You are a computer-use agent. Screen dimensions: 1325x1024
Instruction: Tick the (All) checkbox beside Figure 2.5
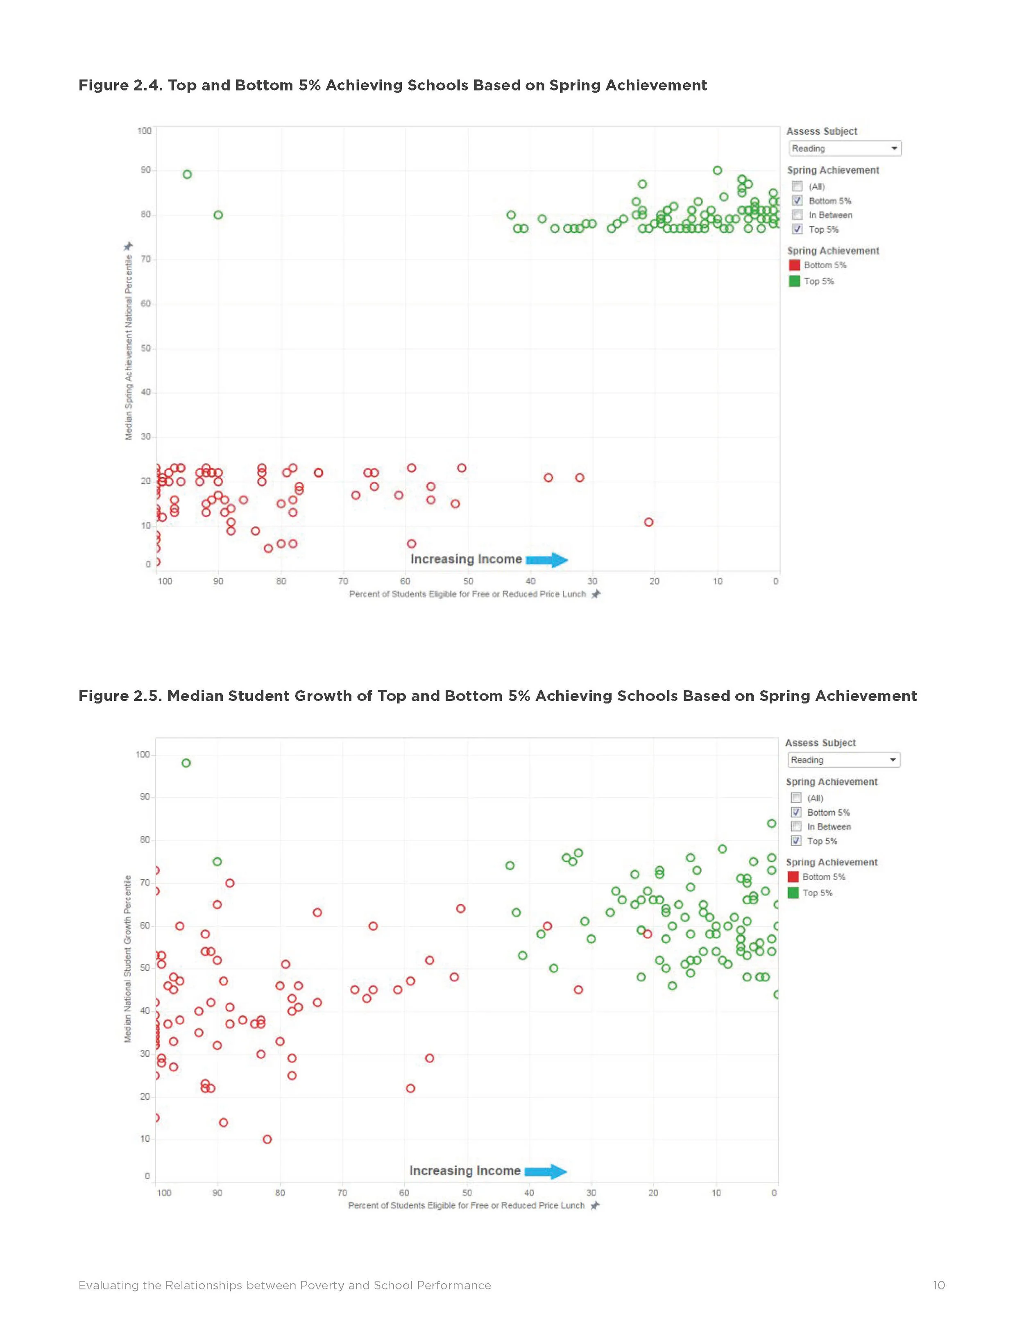pyautogui.click(x=797, y=798)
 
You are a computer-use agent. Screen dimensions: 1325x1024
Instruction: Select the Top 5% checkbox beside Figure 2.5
pyautogui.click(x=797, y=841)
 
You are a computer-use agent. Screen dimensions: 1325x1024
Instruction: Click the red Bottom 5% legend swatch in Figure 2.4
pyautogui.click(x=794, y=265)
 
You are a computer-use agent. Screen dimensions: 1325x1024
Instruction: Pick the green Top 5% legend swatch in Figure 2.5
pyautogui.click(x=793, y=892)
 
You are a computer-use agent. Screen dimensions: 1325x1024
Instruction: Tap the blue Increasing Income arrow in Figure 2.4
pyautogui.click(x=546, y=560)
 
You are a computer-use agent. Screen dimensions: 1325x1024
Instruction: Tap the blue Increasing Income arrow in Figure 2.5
pyautogui.click(x=545, y=1171)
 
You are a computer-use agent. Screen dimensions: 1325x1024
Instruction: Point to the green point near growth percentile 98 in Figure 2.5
pyautogui.click(x=186, y=763)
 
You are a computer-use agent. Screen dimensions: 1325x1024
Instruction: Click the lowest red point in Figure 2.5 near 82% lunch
pyautogui.click(x=267, y=1139)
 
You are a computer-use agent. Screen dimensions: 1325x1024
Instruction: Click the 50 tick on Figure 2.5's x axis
pyautogui.click(x=467, y=1193)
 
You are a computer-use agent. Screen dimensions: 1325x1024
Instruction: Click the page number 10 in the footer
pyautogui.click(x=938, y=1285)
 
